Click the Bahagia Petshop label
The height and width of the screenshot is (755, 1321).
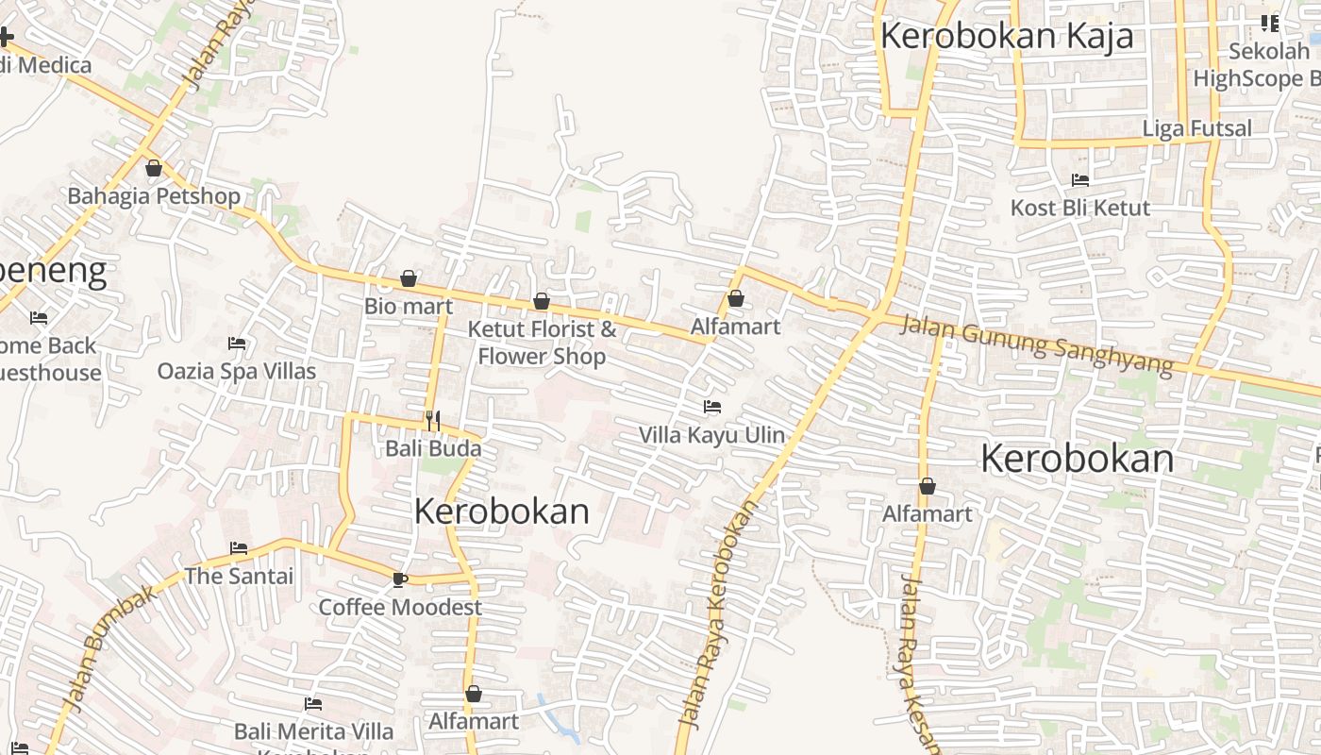click(154, 196)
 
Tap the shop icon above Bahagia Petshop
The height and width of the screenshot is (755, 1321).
click(154, 169)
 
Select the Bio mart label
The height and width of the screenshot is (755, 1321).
click(409, 306)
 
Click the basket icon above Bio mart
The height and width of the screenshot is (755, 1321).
click(409, 278)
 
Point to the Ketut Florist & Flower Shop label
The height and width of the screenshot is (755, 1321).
click(542, 342)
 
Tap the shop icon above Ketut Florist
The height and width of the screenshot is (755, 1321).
click(542, 302)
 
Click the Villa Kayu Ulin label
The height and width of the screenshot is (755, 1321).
click(711, 435)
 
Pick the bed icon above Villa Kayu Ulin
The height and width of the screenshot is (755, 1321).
click(712, 407)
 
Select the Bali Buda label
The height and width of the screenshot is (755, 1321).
click(433, 448)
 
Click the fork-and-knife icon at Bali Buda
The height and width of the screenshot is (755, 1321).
click(433, 421)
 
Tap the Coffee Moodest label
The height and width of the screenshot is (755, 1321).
click(400, 607)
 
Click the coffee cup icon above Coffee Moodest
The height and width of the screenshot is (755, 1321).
click(400, 579)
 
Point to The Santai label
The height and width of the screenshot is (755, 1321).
click(239, 576)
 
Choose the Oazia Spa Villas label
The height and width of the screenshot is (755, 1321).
click(237, 371)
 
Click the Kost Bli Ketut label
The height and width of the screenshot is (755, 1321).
click(1080, 208)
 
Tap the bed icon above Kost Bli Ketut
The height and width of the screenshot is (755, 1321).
click(1080, 179)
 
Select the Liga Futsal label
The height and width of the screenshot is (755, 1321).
click(1196, 128)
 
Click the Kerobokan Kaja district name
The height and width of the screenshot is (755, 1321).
click(1006, 36)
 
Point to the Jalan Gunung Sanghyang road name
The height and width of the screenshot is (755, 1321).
click(1036, 344)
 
